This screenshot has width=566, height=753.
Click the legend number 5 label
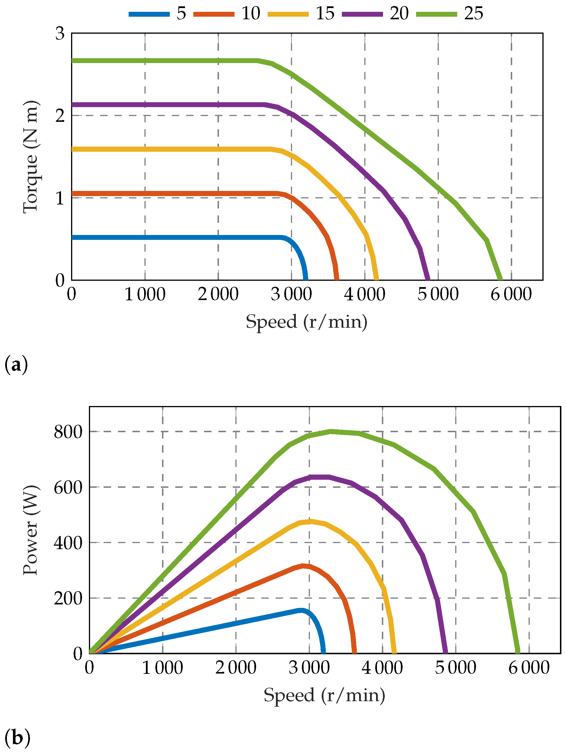coord(181,14)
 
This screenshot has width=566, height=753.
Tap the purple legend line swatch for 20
coord(362,14)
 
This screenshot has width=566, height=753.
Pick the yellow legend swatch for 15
coord(288,14)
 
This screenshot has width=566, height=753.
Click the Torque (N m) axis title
coord(31,157)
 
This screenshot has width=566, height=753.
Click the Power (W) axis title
coord(31,530)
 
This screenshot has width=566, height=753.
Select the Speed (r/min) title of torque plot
coord(306,322)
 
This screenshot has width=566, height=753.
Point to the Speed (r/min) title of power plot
coord(324,695)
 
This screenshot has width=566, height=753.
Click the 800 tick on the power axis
coord(68,432)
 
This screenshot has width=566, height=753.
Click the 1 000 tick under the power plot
coord(162,667)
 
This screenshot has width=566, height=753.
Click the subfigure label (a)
coord(16,365)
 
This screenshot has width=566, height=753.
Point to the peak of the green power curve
coord(331,432)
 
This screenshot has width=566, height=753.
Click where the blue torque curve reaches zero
coord(306,279)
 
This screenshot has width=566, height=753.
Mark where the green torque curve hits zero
coord(500,279)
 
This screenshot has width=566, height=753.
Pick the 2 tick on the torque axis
coord(60,116)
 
